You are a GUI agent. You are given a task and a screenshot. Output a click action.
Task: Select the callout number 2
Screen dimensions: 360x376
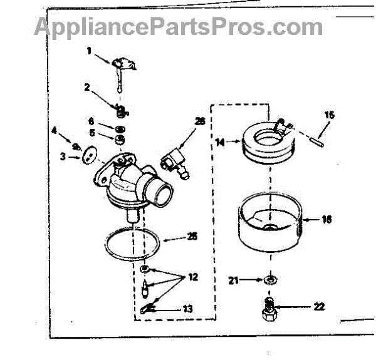click(x=88, y=88)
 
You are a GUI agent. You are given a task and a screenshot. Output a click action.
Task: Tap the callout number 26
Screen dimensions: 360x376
click(x=200, y=121)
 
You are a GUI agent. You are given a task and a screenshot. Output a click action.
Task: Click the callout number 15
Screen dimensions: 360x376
click(x=330, y=115)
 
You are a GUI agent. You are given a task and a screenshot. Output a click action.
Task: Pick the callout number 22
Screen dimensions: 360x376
click(x=319, y=307)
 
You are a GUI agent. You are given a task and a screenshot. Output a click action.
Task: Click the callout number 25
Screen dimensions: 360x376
click(x=192, y=236)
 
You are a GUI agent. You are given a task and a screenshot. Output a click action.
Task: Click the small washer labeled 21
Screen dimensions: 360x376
click(x=271, y=279)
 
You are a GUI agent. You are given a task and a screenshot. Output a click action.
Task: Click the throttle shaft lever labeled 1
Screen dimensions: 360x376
click(x=121, y=65)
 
